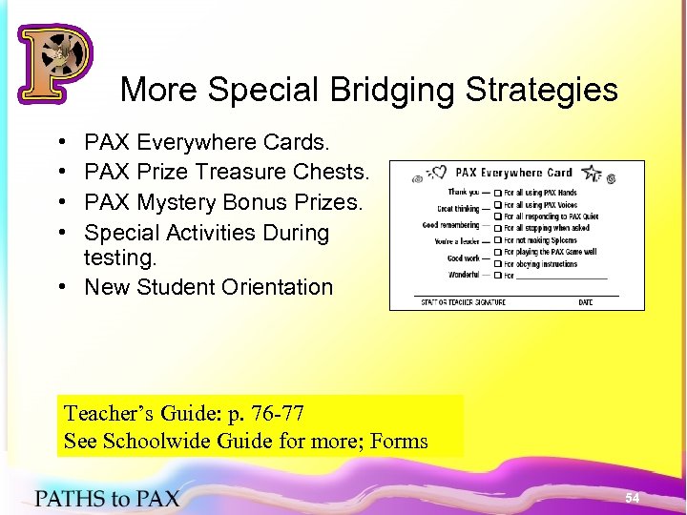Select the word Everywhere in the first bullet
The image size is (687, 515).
click(x=197, y=142)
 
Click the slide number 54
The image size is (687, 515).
click(x=632, y=498)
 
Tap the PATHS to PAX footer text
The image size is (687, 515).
click(x=107, y=497)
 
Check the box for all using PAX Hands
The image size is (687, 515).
click(x=498, y=194)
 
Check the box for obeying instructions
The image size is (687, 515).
click(x=498, y=264)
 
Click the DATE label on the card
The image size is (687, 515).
click(x=585, y=302)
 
